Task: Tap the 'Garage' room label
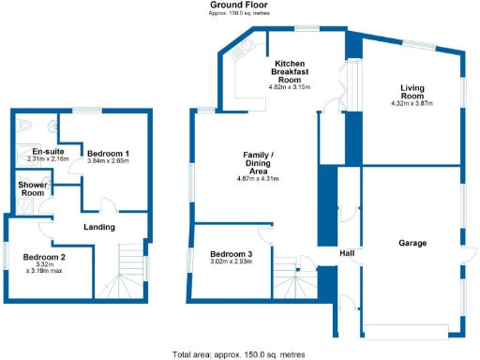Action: pyautogui.click(x=412, y=243)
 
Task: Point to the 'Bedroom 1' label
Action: pyautogui.click(x=108, y=153)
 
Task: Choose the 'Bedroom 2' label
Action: pyautogui.click(x=44, y=257)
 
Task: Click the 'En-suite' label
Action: pyautogui.click(x=47, y=152)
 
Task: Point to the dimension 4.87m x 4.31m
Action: pyautogui.click(x=259, y=178)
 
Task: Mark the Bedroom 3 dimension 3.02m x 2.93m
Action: pyautogui.click(x=232, y=264)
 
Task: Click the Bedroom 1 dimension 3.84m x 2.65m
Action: pyautogui.click(x=108, y=161)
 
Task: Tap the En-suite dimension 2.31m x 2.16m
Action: pyautogui.click(x=47, y=160)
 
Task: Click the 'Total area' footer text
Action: pyautogui.click(x=239, y=354)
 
